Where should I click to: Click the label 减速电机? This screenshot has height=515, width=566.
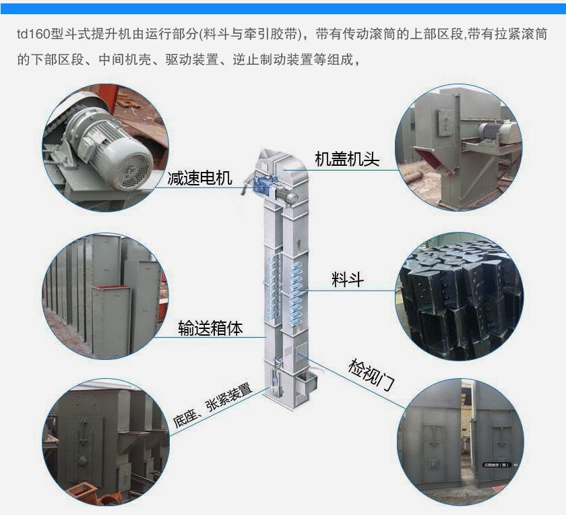tap(199, 178)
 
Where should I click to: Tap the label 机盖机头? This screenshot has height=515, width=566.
tap(347, 159)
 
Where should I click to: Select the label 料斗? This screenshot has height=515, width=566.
tap(347, 280)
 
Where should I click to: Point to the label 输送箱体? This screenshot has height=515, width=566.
tap(210, 328)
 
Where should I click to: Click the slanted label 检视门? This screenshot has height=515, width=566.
tap(371, 375)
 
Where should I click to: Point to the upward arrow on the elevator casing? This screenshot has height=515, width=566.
tap(298, 243)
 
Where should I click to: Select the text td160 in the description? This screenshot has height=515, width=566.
tap(33, 34)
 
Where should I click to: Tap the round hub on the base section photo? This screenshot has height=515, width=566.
tap(84, 461)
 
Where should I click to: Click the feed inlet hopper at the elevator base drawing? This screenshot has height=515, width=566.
tap(306, 383)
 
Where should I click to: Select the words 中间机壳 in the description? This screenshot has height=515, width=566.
tap(125, 59)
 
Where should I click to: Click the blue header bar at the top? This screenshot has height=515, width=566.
tap(283, 9)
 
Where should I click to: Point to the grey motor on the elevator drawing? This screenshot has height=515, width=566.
tap(287, 197)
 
